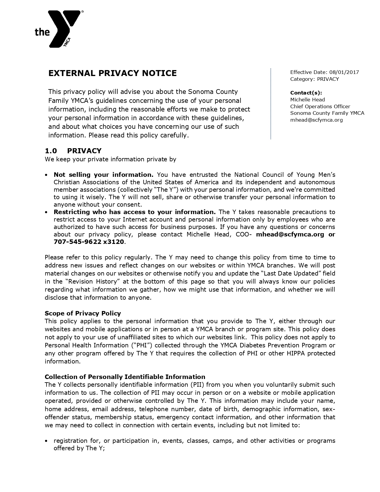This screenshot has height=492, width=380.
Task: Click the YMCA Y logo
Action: click(x=64, y=28)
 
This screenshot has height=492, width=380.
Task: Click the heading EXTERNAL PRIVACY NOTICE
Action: click(x=112, y=73)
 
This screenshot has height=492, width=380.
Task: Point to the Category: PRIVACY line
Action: click(x=314, y=79)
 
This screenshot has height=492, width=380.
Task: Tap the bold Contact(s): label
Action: click(x=306, y=93)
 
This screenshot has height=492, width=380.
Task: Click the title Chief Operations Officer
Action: click(x=320, y=106)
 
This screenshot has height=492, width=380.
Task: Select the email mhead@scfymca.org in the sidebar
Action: click(x=316, y=120)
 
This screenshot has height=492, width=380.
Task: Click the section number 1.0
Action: click(x=51, y=151)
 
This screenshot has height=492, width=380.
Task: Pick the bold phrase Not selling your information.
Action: click(x=103, y=174)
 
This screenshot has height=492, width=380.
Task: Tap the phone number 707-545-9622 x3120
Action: click(x=89, y=242)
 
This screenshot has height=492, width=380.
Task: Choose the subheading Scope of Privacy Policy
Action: click(x=83, y=313)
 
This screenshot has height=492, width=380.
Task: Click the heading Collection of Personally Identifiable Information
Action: click(x=125, y=377)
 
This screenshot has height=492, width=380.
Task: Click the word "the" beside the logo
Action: click(x=42, y=32)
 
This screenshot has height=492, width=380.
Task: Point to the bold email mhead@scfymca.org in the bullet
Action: click(x=290, y=234)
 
